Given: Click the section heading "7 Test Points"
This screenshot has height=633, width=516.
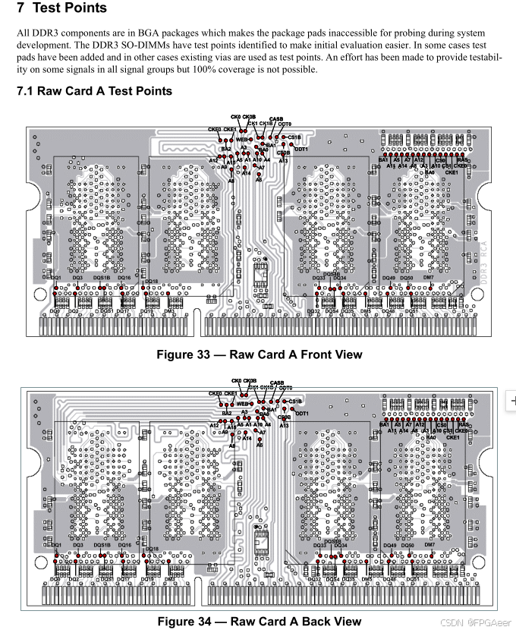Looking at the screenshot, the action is tap(62, 10).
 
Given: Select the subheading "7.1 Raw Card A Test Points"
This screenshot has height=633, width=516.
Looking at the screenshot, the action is tap(94, 91).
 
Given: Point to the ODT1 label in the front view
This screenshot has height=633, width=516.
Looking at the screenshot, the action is tap(300, 150).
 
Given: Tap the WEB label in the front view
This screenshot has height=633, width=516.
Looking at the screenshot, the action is tap(242, 140).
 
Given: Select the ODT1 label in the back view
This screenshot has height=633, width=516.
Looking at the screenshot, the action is tap(301, 413).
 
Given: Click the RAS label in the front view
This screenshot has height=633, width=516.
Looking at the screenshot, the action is tap(462, 160).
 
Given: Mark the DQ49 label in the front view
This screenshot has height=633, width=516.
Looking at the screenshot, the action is tap(389, 279).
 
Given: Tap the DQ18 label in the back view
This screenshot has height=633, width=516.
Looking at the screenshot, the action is tap(152, 548).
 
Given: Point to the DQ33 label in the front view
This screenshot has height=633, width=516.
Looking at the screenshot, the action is tap(319, 279).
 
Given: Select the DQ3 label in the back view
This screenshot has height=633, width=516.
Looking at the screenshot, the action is tap(77, 545).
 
